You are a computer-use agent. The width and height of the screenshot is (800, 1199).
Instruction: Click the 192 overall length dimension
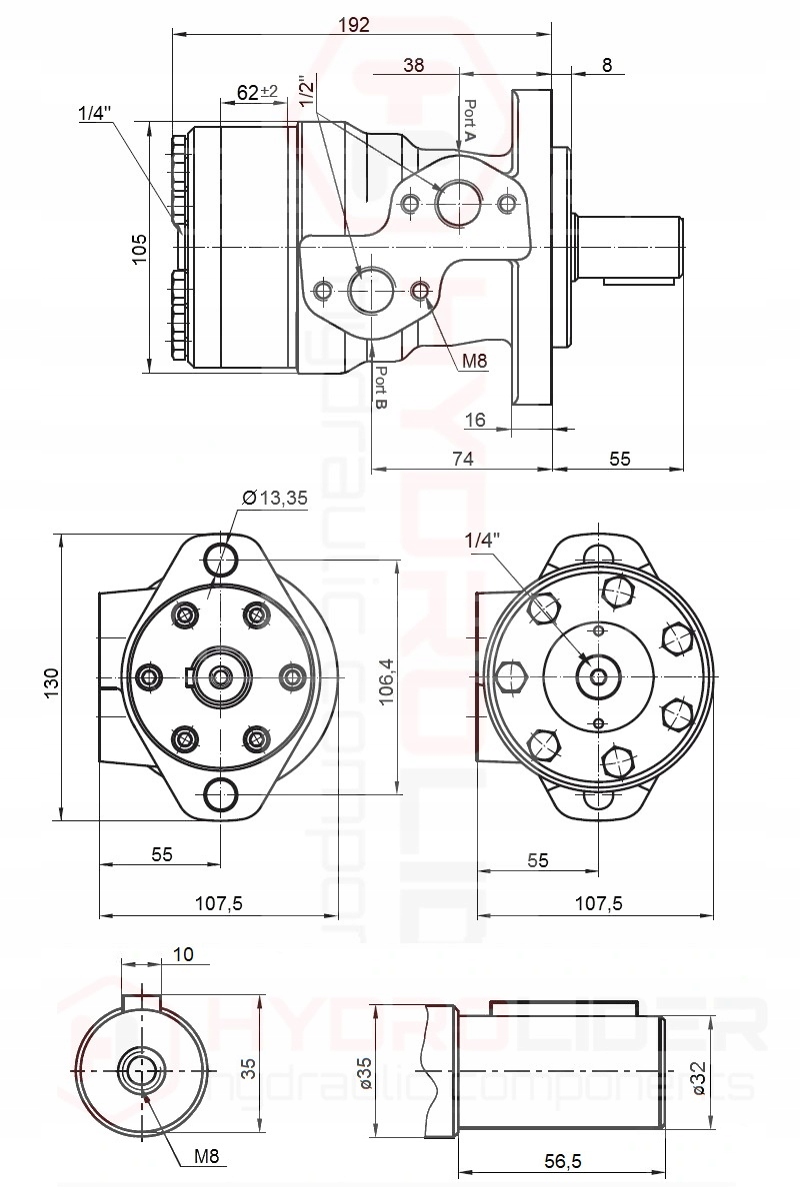point(354,24)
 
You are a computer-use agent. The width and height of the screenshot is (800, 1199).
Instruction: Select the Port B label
point(381,388)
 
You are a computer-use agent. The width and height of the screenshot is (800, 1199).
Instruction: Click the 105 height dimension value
point(140,247)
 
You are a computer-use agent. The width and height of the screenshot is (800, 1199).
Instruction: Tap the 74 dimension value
point(461,458)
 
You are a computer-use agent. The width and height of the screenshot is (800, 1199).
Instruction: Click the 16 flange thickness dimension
point(475,421)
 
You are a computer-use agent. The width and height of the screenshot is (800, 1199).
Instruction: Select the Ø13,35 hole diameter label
point(275,499)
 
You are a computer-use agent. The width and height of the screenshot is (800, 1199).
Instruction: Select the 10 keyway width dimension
point(182,954)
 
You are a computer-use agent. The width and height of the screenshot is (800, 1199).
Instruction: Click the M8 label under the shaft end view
point(206,1157)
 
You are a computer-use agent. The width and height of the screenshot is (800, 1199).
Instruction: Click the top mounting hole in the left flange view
point(220,556)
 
